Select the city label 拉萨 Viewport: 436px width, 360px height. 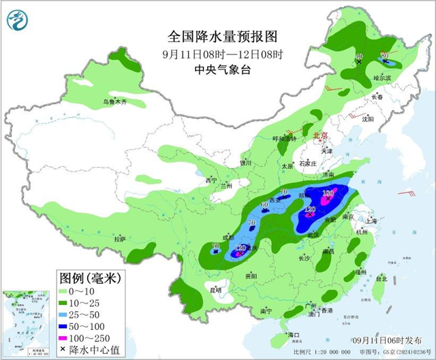[x=120, y=239]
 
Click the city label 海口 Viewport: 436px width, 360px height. [x=293, y=335]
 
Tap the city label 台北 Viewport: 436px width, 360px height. [x=381, y=278]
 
